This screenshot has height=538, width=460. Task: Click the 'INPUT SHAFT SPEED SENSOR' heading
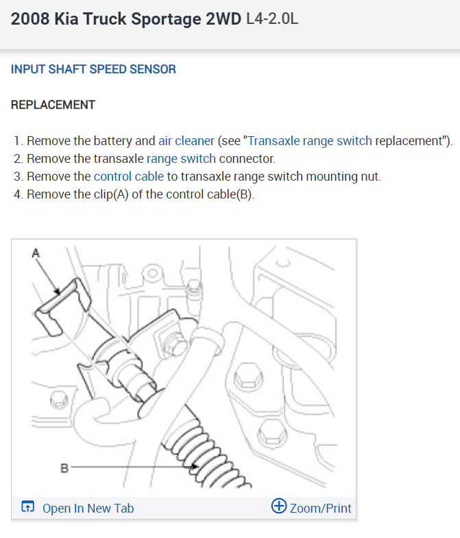click(x=93, y=69)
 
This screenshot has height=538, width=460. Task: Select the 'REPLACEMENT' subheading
click(x=53, y=105)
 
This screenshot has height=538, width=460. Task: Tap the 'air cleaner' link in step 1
click(x=186, y=142)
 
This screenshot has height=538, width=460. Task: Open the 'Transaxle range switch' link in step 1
click(x=310, y=142)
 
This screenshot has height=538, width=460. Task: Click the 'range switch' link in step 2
click(x=181, y=159)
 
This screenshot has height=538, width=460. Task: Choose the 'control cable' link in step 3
click(x=129, y=176)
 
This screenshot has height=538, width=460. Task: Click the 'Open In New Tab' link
click(x=88, y=508)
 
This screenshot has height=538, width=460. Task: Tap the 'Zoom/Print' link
click(x=320, y=508)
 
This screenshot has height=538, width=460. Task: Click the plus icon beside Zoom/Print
click(x=279, y=507)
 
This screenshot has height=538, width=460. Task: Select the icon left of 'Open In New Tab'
click(x=27, y=507)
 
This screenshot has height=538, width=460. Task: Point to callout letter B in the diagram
click(x=64, y=469)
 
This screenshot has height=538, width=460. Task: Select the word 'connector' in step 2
click(x=247, y=159)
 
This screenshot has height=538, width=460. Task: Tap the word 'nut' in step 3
click(x=371, y=176)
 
